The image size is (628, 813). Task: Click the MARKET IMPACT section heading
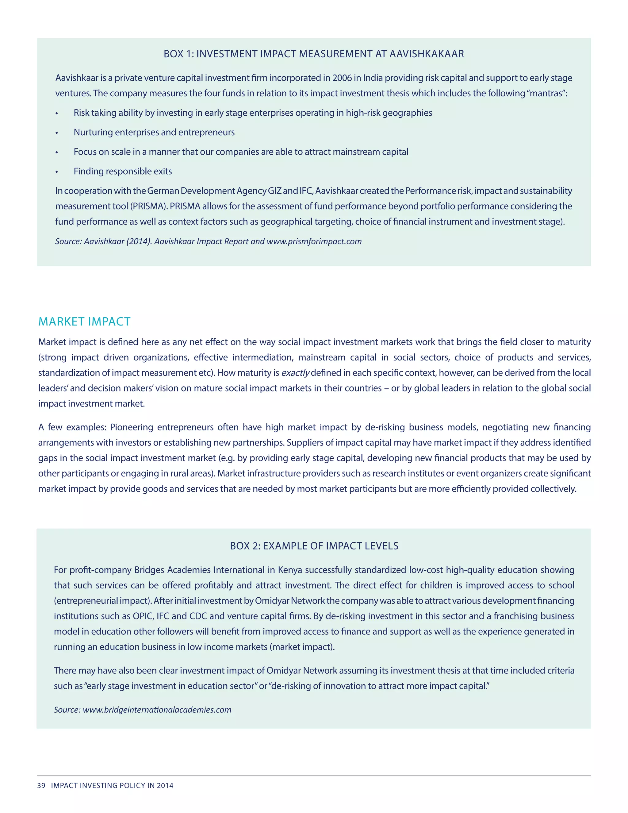tap(84, 322)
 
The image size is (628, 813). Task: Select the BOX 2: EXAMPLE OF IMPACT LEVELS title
tap(314, 546)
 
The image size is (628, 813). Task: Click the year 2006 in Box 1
tap(342, 78)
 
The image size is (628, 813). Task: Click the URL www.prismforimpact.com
tap(314, 241)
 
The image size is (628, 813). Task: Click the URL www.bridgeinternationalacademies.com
tap(157, 710)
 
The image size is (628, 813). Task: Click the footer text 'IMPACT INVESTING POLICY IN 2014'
tap(112, 785)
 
